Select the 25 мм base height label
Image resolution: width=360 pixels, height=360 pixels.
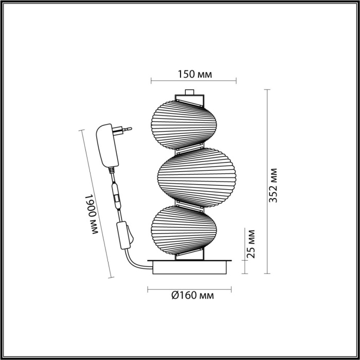coord(251,243)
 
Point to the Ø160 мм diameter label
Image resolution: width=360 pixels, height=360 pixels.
coord(193,296)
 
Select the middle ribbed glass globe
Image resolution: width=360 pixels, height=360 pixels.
coord(192,174)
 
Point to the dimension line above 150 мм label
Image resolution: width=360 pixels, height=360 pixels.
coord(193,81)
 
